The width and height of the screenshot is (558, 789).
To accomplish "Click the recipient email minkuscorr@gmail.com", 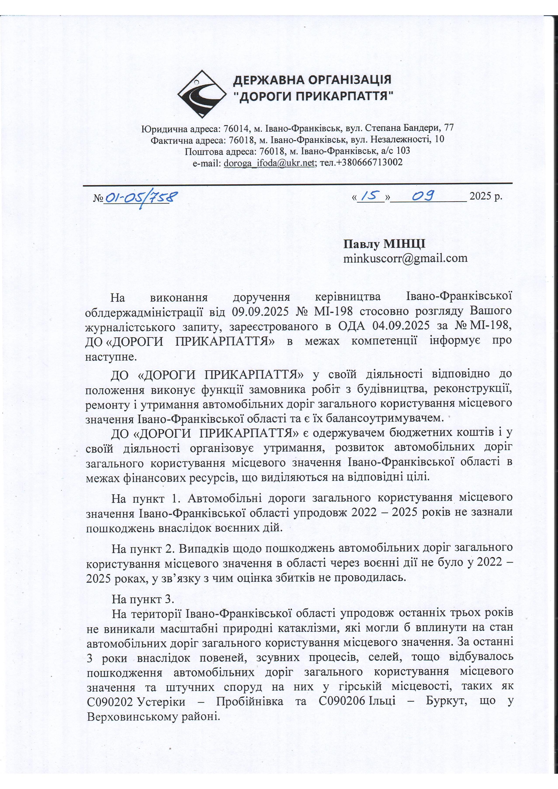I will [x=405, y=258].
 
